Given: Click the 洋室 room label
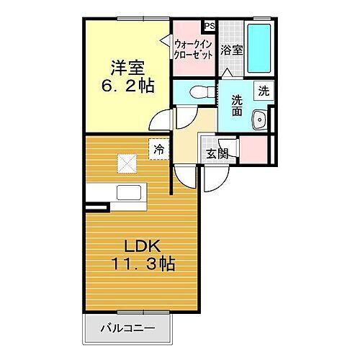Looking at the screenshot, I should point(127,68).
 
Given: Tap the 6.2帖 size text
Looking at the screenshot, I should point(127,85).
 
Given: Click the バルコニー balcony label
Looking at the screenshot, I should point(130,328).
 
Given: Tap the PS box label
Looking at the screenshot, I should point(210,26).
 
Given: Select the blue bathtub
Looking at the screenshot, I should point(258,46).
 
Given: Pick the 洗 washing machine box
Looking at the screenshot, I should point(264,91).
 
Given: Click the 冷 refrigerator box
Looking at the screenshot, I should point(158,149).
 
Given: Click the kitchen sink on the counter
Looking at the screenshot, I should point(130,192).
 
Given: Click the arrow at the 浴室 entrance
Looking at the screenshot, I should point(228,73).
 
